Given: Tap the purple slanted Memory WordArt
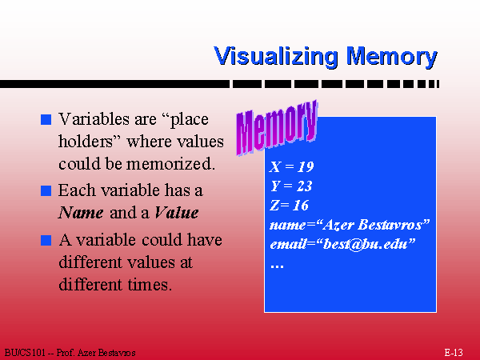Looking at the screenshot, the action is coord(277,128).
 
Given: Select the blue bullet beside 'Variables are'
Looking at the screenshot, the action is coord(46,119).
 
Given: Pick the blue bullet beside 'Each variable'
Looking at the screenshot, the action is coord(46,190).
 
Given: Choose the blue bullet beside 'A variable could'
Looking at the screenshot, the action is coord(46,240).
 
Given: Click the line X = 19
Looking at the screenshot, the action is coord(292,167).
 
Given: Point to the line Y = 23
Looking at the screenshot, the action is coord(291,186).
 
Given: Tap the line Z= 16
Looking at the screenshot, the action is coord(290,206).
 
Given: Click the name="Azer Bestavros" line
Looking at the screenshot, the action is coord(350,225).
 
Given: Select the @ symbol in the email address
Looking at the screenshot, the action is coord(356,245).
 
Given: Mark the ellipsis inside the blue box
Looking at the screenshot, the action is coord(277,266).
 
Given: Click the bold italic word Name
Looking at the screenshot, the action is coord(81,213).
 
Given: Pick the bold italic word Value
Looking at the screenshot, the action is coord(176,213).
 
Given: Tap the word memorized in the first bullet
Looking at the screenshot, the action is coord(170,164).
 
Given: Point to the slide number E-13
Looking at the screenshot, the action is coord(454,353).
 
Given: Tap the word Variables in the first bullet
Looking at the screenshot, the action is coord(94,119).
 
